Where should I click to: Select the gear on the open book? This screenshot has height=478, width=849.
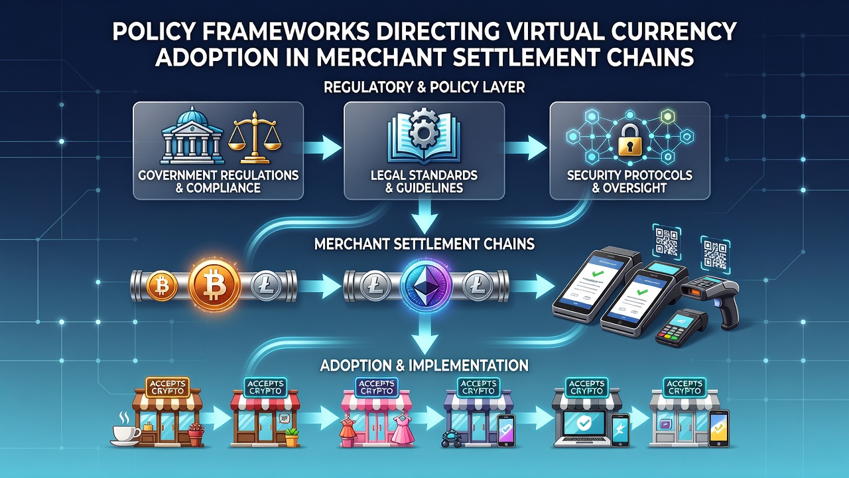point(423,129)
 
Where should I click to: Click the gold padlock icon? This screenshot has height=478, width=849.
point(629,141)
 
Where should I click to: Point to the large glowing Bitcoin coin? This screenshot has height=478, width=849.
point(214,285)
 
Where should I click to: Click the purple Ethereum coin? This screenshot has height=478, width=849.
point(426,285)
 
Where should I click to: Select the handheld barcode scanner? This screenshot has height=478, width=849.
point(710,299)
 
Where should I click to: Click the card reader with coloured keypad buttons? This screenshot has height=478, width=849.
point(683,327)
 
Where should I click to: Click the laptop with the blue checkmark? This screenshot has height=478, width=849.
point(582,429)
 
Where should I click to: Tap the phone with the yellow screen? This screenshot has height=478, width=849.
point(719,429)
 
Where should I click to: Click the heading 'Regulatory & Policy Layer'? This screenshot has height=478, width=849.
point(424,87)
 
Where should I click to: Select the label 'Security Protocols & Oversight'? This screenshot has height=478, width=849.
point(629,181)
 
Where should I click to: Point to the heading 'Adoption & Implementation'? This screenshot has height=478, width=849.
point(424,365)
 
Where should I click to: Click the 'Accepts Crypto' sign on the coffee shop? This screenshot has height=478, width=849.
point(168,387)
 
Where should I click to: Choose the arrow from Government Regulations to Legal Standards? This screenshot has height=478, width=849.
point(323,147)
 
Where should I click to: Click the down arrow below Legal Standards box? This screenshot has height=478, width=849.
point(424,217)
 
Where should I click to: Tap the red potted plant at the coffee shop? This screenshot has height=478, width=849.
point(196,434)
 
